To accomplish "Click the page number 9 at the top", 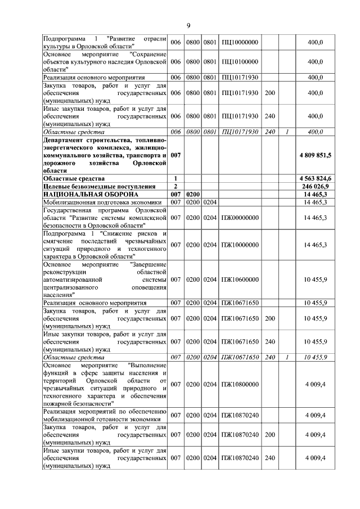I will coord(188,25).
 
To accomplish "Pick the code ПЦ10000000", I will coord(240,42).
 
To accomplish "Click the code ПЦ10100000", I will coord(240,61).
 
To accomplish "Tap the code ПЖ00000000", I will coord(240,217).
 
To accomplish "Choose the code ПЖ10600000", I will coord(240,279).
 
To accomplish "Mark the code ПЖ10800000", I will coord(240,384).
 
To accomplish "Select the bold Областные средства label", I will coord(73,178).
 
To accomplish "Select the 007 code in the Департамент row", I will coord(176,154).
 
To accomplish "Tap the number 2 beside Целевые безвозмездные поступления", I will coord(176,186).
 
